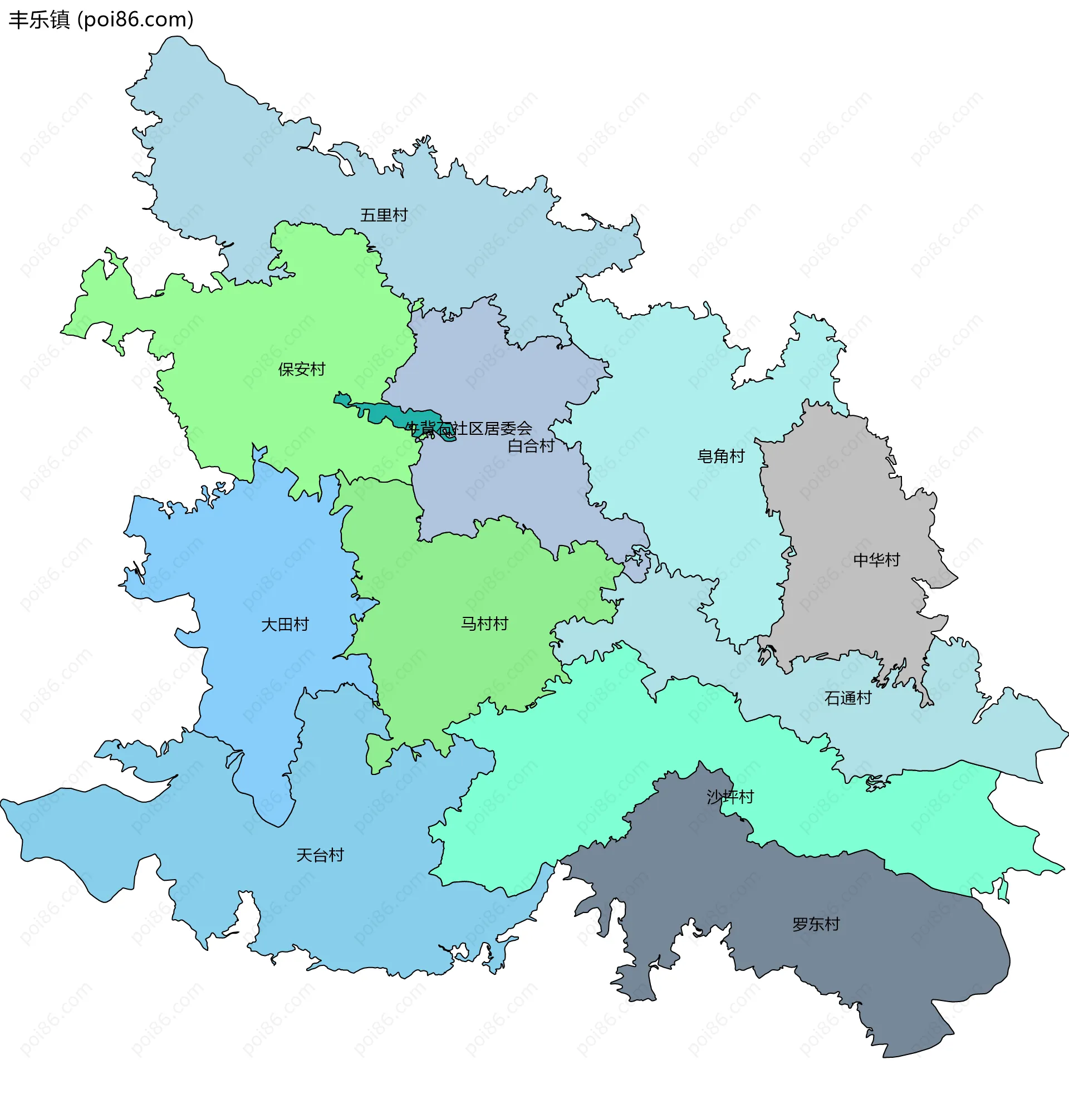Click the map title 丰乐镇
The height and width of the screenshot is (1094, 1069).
pyautogui.click(x=39, y=19)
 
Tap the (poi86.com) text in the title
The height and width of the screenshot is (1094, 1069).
pyautogui.click(x=135, y=19)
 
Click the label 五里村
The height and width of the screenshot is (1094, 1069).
pyautogui.click(x=384, y=215)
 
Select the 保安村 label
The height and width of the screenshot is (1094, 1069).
pyautogui.click(x=302, y=369)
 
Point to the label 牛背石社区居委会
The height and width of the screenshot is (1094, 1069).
pyautogui.click(x=468, y=429)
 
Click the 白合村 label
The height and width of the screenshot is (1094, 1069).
pyautogui.click(x=531, y=447)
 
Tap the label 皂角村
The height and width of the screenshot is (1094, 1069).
pyautogui.click(x=721, y=457)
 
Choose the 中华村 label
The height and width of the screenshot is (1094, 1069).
pyautogui.click(x=876, y=560)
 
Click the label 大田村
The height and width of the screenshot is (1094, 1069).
pyautogui.click(x=285, y=625)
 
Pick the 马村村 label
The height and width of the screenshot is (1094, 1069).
pyautogui.click(x=484, y=624)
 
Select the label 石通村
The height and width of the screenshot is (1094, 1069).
pyautogui.click(x=848, y=698)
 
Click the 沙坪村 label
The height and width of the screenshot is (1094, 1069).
pyautogui.click(x=730, y=797)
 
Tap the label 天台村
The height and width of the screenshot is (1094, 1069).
pyautogui.click(x=320, y=856)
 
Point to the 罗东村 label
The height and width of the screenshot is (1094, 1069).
pyautogui.click(x=816, y=925)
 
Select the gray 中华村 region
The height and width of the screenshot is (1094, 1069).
pyautogui.click(x=842, y=505)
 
